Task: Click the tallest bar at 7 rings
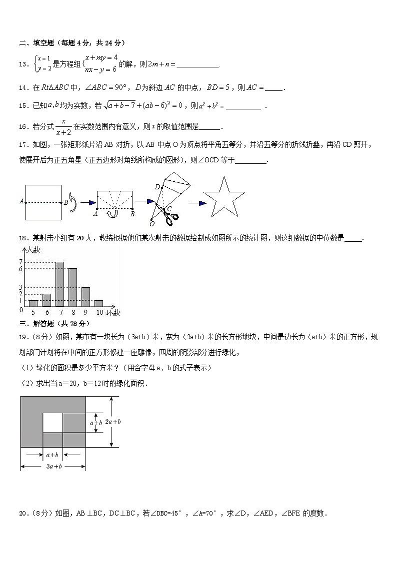[x=59, y=284]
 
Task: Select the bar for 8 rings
[x=72, y=287]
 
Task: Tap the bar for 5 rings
[x=33, y=303]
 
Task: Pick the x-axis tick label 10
[x=99, y=312]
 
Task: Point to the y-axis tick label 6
[x=21, y=269]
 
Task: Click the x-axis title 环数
[x=113, y=312]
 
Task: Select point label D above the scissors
[x=156, y=187]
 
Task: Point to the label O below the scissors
[x=152, y=224]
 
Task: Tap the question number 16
[x=22, y=127]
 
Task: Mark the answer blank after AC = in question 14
[x=273, y=88]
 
